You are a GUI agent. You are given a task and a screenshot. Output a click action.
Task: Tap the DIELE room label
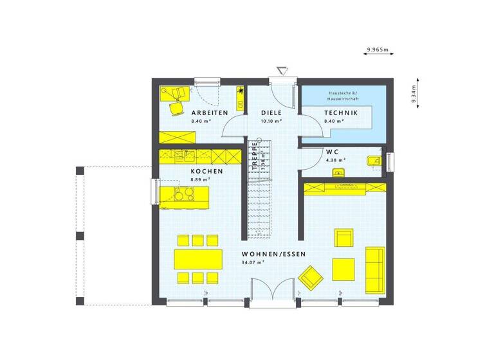(270, 113)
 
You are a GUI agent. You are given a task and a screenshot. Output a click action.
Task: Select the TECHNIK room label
(340, 113)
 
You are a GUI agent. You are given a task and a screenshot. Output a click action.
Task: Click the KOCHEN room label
(207, 172)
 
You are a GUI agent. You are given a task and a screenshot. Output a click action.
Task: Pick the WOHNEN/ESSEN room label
(273, 255)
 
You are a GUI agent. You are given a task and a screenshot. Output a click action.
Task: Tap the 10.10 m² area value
(271, 120)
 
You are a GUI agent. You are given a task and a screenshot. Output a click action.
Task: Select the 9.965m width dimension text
(378, 49)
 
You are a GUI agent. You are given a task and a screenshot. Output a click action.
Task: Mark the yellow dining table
(197, 258)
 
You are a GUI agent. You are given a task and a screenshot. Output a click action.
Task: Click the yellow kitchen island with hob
(185, 194)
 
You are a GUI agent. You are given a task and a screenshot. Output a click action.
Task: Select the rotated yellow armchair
(312, 277)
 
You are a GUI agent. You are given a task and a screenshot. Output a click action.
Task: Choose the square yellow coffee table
(343, 267)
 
